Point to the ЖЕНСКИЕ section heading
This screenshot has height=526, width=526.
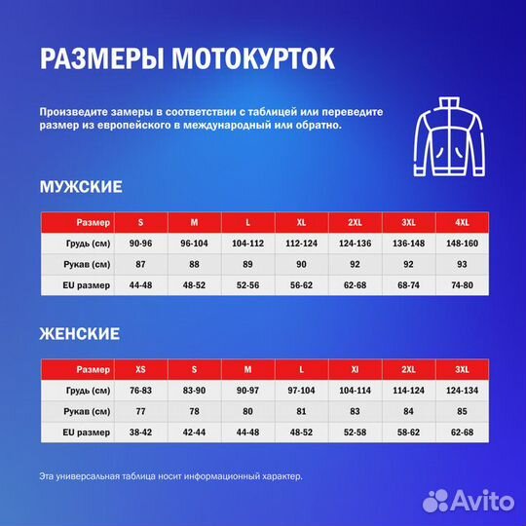tap(80, 333)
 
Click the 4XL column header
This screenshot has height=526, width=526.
tap(455, 221)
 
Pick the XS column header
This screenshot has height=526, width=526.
tap(141, 369)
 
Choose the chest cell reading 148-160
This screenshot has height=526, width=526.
tap(455, 243)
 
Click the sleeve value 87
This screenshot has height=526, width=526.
tap(141, 264)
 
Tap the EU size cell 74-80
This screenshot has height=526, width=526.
tap(455, 285)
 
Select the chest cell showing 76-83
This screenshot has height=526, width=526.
tap(141, 391)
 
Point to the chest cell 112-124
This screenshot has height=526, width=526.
tap(302, 243)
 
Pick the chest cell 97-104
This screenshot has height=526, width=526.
tap(302, 391)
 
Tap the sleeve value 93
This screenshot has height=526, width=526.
tap(455, 264)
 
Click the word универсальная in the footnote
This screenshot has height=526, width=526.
tap(101, 476)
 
